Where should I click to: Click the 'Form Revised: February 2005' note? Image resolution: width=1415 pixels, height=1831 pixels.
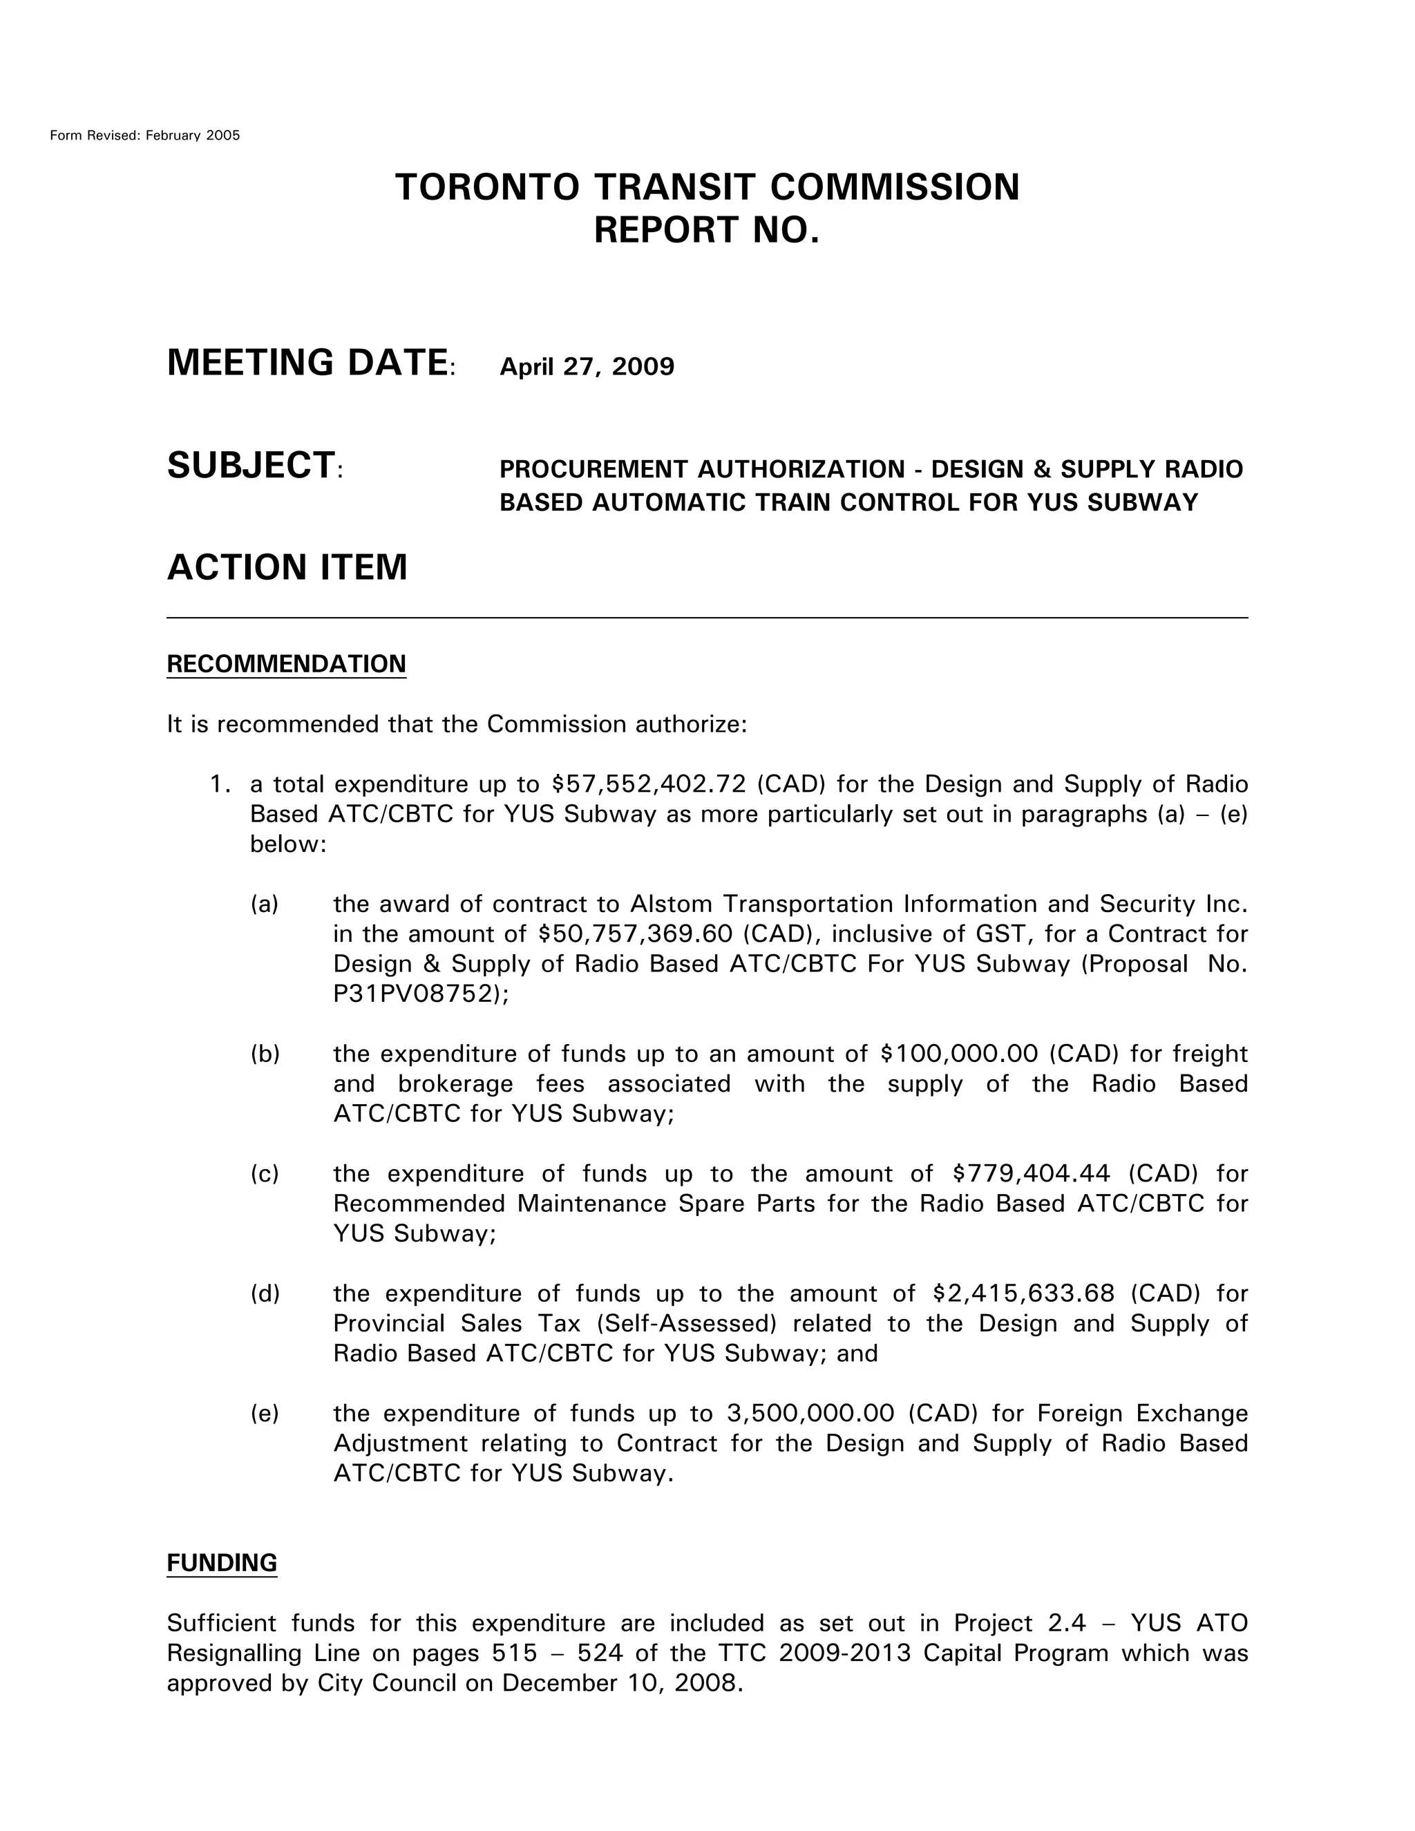click(144, 135)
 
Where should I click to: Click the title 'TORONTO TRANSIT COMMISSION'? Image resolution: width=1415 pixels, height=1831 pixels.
click(707, 187)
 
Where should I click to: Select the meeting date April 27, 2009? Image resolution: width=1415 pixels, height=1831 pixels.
click(586, 367)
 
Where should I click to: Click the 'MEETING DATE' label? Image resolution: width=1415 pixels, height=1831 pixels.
click(307, 363)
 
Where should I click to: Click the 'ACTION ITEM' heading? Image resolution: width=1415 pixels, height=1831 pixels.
click(287, 567)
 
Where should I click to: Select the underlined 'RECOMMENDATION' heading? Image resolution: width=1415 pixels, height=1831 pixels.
click(286, 664)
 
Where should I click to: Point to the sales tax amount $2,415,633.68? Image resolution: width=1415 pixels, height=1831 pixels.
click(1023, 1293)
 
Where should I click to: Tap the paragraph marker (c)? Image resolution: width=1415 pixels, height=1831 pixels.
click(264, 1174)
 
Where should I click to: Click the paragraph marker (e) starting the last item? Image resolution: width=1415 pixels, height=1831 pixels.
click(264, 1414)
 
